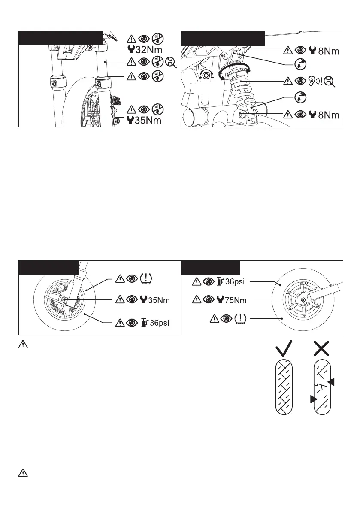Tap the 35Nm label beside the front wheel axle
point(159,300)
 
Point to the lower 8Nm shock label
point(329,115)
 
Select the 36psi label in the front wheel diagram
point(158,322)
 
